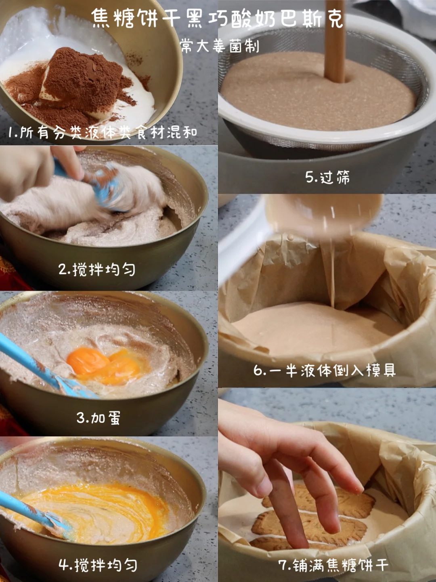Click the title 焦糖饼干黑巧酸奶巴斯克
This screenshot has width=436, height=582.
(x=218, y=19)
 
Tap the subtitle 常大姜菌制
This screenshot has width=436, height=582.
(x=220, y=46)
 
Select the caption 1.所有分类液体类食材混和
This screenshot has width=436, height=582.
(x=103, y=132)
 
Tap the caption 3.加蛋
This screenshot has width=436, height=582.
(x=99, y=417)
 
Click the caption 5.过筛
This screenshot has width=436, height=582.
(x=327, y=177)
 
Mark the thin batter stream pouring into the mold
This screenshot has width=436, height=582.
(x=332, y=271)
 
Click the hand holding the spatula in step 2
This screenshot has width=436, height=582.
(x=40, y=172)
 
